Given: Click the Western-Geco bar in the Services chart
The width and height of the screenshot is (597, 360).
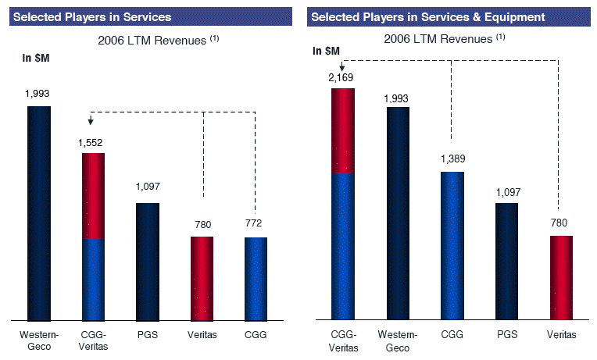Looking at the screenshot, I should point(39,212).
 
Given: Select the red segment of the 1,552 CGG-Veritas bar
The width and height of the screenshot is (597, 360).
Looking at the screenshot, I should point(93,195).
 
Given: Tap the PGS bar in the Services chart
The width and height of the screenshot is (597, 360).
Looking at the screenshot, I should point(148,262).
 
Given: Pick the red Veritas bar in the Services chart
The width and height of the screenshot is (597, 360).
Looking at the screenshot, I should point(202,278).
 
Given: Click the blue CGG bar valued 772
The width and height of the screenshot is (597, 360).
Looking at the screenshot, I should point(256,279).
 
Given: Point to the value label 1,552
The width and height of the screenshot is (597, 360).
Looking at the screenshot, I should point(91,143).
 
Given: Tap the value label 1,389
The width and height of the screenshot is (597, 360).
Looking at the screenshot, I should point(452,159).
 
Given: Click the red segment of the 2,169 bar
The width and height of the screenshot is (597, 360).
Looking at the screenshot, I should point(343,130).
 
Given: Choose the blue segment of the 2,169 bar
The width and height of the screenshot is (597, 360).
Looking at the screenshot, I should point(343,246).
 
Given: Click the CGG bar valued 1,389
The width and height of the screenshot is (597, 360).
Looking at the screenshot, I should point(452,245).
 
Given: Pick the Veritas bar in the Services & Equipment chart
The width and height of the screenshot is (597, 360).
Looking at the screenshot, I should point(561,277).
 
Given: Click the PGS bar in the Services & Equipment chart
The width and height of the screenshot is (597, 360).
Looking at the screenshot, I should point(506,261).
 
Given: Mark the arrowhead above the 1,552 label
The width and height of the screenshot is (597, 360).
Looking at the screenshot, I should point(91,121).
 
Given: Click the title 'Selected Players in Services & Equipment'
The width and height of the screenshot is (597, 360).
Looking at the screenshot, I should point(416,16).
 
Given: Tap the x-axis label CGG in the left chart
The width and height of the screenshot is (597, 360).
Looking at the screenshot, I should point(256,334).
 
